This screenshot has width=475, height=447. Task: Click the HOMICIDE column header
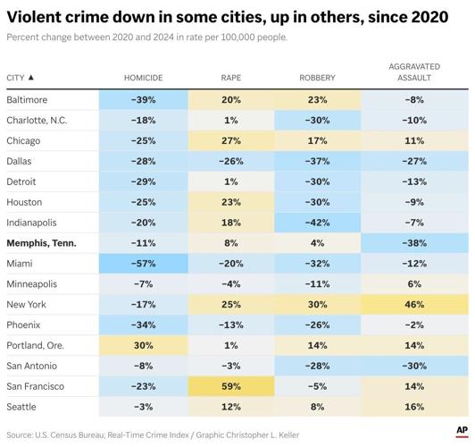tap(143, 78)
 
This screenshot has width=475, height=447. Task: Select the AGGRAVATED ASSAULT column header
tap(414, 72)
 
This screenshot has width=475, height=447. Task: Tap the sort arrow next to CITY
tap(31, 77)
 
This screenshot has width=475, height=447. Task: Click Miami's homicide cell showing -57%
tap(143, 264)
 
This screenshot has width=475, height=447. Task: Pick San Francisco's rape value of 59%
tap(231, 386)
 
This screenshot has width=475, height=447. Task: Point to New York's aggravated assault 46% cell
tap(414, 305)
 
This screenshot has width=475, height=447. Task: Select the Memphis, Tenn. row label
tap(41, 243)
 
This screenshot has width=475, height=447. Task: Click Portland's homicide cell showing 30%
tap(143, 345)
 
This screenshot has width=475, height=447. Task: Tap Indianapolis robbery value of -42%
tap(318, 223)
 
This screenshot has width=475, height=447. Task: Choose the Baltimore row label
tap(27, 100)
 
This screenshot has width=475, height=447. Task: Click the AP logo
tap(462, 431)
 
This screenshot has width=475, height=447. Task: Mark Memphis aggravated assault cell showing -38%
tap(414, 243)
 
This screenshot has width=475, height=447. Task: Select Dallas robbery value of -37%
tap(318, 161)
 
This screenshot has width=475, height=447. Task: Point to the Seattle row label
tap(21, 407)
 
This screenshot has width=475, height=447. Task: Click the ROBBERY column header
tap(317, 78)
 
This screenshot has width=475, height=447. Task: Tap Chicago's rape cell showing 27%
tap(231, 140)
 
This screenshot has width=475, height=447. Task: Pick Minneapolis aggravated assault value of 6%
tap(414, 284)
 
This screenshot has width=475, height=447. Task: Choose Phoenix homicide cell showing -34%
tap(143, 325)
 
